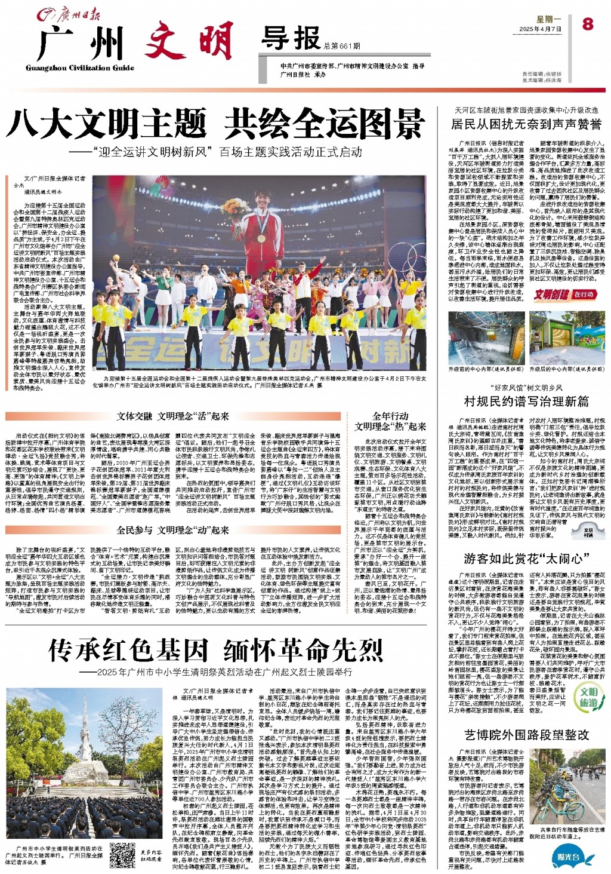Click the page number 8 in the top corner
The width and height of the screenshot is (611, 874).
pos(588,23)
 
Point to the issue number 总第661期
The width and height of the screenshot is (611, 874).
pos(342,46)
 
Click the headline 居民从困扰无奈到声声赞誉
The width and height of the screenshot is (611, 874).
pos(526,124)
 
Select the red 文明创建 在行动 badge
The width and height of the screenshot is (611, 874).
pos(564,294)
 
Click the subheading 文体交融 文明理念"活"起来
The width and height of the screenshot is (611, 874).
pos(173,416)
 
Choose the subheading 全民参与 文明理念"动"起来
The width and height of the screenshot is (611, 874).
pos(173,529)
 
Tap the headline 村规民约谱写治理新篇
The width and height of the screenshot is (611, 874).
pos(526,401)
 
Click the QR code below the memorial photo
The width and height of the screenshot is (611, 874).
pos(123,854)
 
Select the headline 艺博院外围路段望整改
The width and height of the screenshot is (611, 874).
pos(526,734)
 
